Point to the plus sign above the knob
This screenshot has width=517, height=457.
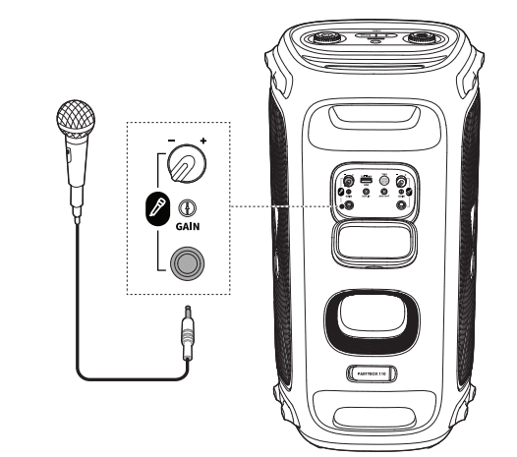[203, 143]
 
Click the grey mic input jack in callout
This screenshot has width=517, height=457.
[186, 264]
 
